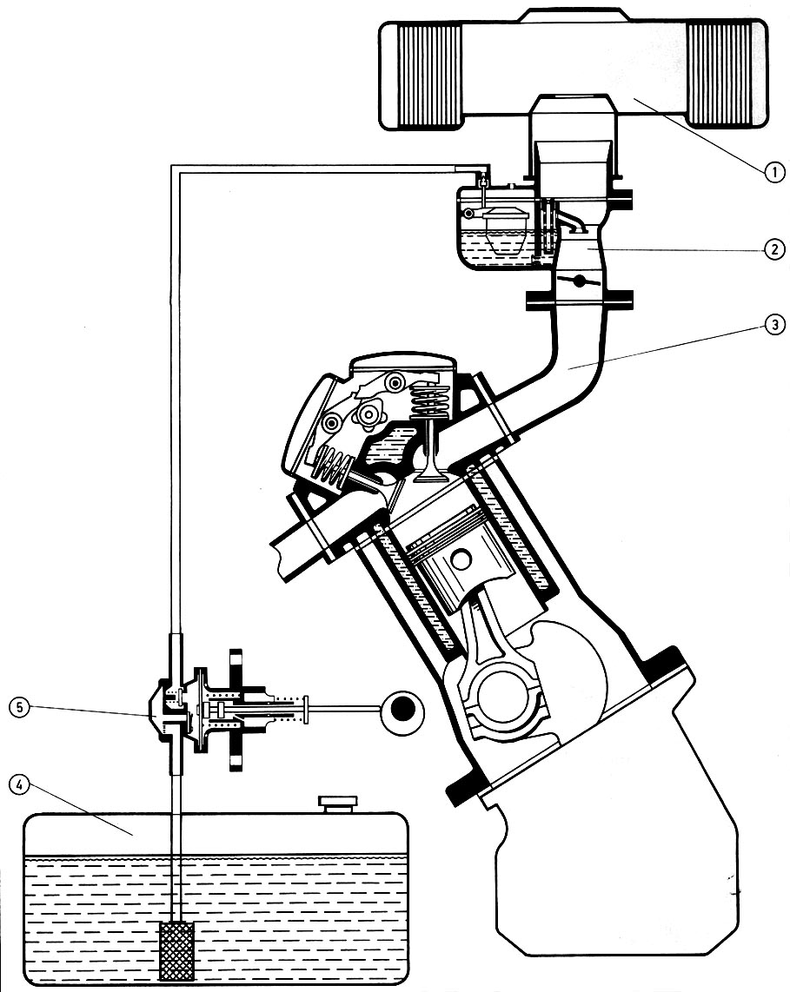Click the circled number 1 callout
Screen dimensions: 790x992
coord(773,171)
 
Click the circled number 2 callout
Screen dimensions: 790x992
coord(773,249)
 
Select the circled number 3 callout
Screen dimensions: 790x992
coord(773,326)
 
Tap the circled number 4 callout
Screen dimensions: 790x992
coord(20,785)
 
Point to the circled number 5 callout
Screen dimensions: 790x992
coord(20,707)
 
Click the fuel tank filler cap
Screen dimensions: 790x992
coord(339,804)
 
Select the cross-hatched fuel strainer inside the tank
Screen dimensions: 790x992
coord(176,952)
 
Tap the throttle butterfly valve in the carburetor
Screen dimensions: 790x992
coord(579,281)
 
